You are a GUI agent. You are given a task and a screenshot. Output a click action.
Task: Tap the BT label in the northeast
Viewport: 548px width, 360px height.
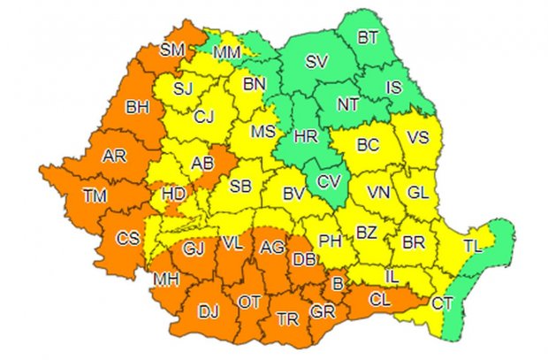point(367,38)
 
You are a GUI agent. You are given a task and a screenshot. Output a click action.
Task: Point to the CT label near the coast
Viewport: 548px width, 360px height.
point(443,303)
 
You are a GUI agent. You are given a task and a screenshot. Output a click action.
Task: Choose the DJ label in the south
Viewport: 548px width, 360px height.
point(209,310)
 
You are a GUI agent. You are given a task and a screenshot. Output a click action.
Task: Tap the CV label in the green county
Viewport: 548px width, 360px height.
point(327,182)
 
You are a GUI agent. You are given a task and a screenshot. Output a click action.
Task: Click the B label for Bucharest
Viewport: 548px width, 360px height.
point(336,285)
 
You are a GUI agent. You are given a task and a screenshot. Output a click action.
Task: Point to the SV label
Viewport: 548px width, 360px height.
point(316,62)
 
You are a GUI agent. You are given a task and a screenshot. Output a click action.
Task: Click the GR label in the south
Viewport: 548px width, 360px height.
point(321,311)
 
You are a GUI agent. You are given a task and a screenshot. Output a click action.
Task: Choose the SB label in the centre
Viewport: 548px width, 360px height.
point(240,186)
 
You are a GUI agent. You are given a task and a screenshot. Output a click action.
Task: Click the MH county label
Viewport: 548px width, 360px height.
point(165,280)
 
